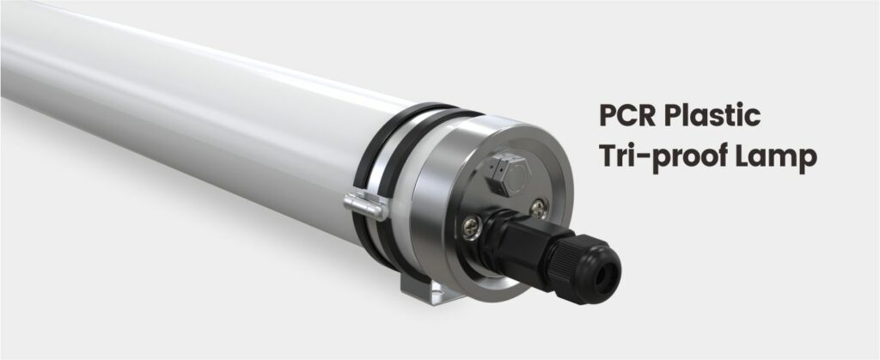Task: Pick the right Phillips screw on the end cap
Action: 537,205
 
